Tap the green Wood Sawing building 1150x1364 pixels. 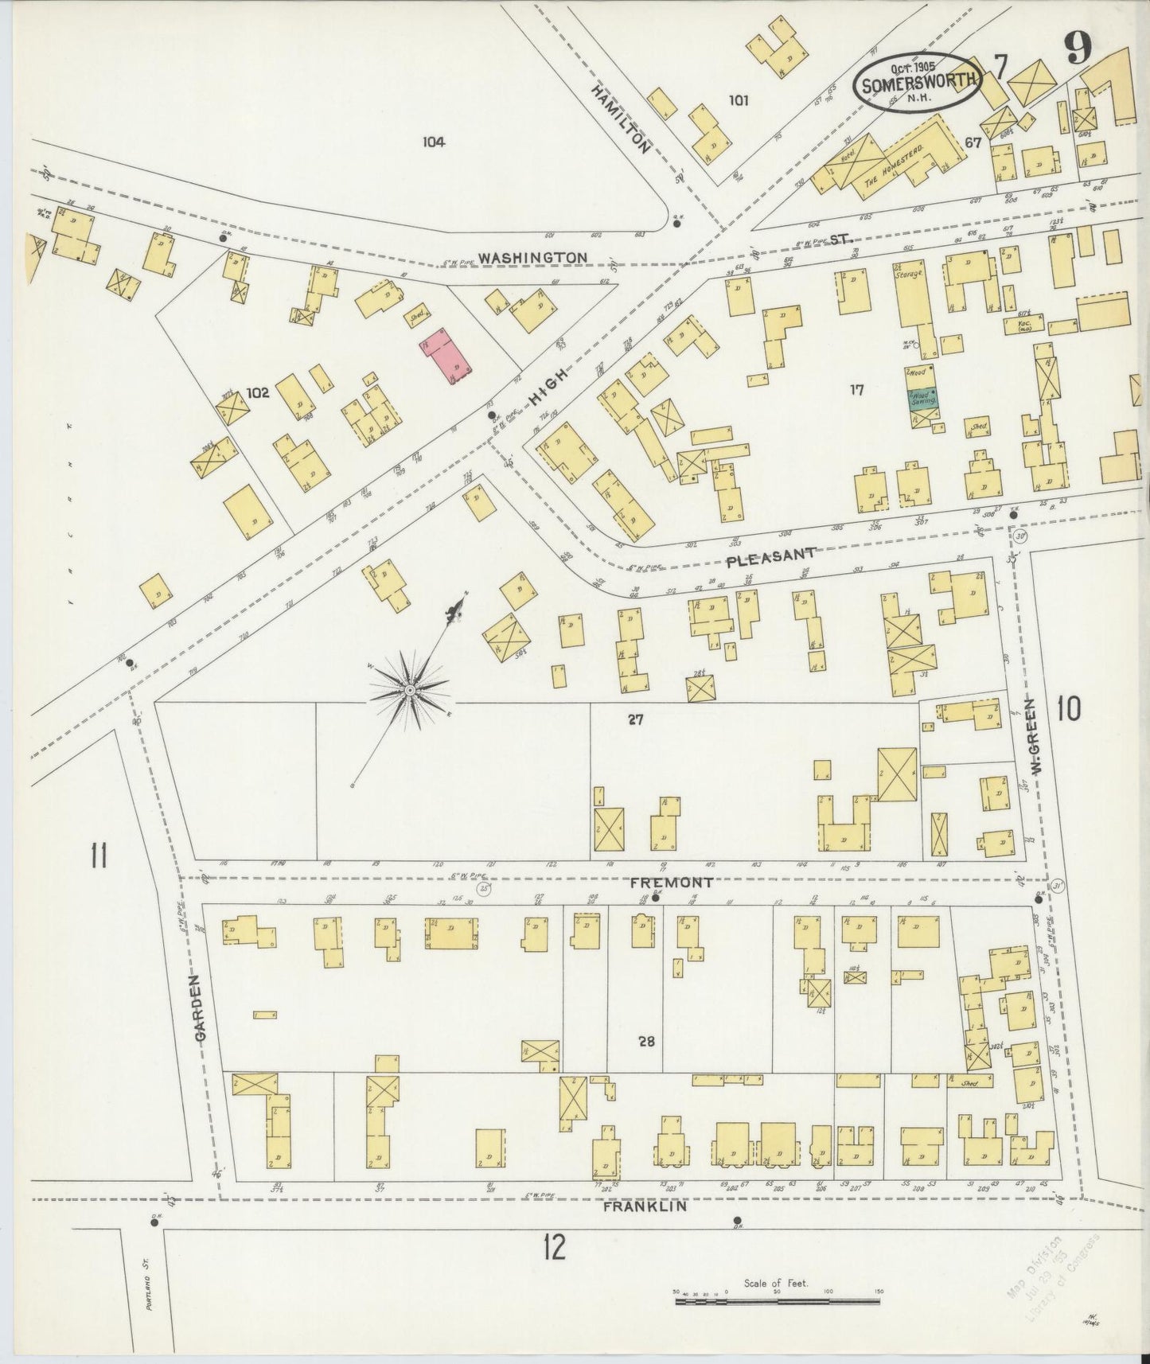(922, 397)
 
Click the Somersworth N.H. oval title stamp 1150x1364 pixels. (918, 84)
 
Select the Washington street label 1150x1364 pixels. (532, 258)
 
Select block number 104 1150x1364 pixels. (434, 142)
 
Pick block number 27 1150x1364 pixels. (634, 720)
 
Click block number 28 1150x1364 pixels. (646, 1041)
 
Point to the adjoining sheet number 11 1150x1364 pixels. (99, 858)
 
